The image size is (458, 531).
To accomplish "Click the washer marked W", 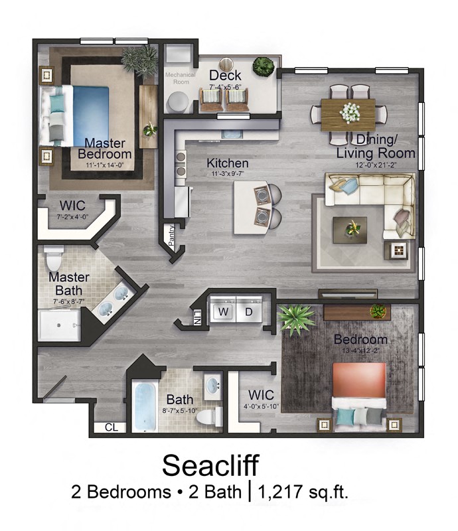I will point(224,311).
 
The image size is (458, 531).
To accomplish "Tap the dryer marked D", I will point(249,311).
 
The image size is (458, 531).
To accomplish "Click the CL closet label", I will point(111,427).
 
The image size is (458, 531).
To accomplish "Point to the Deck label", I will point(224,76).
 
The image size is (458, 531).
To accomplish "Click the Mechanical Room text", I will point(180,78).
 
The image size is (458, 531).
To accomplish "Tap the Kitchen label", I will point(227,163).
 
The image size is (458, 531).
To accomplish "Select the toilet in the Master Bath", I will point(54,256).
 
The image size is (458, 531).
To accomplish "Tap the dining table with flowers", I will point(348,111).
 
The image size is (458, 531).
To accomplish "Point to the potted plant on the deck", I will point(264,66).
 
